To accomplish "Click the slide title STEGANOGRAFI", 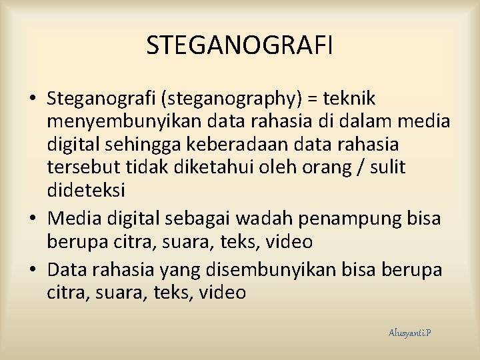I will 239,45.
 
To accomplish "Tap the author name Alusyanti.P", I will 409,332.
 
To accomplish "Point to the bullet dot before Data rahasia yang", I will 33,271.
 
